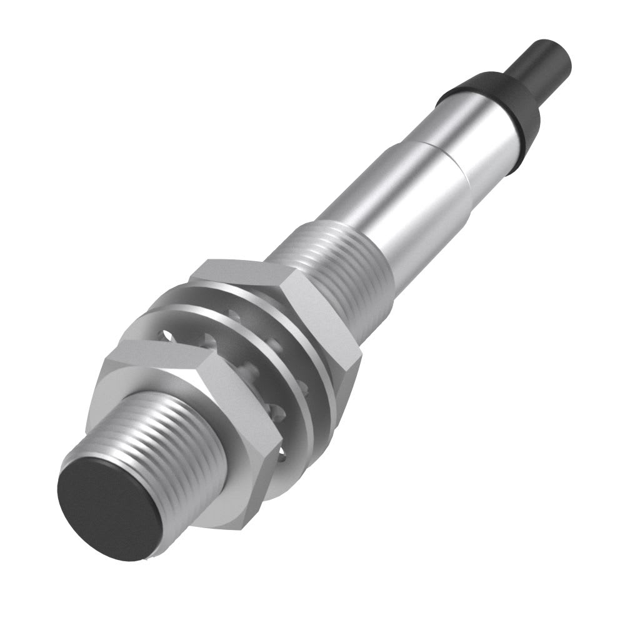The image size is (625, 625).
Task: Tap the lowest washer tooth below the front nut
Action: [x=281, y=459]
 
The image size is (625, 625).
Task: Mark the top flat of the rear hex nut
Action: [x=244, y=270]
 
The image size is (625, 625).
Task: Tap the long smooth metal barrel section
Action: [x=400, y=200]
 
